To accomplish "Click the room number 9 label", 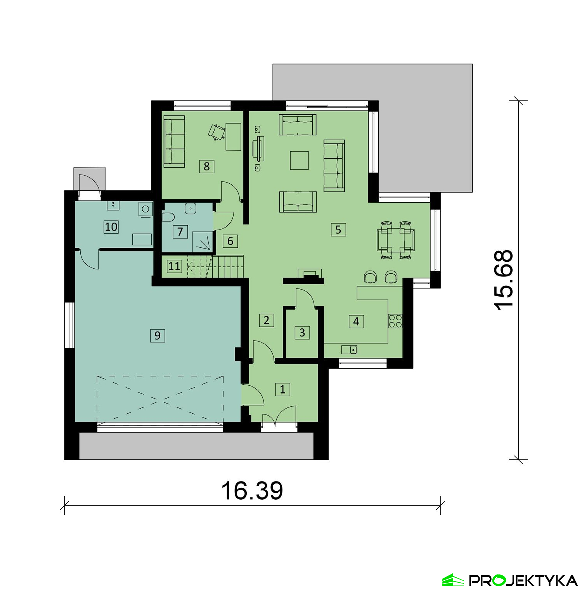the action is pyautogui.click(x=157, y=335).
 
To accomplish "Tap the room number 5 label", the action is pyautogui.click(x=338, y=230).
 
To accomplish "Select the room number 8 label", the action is pyautogui.click(x=206, y=166).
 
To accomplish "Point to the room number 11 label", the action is pyautogui.click(x=174, y=266).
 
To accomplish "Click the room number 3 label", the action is pyautogui.click(x=302, y=332).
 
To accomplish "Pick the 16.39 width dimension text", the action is pyautogui.click(x=252, y=490).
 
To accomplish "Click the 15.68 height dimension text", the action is pyautogui.click(x=504, y=280).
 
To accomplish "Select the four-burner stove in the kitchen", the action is pyautogui.click(x=395, y=321).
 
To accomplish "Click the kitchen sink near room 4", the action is pyautogui.click(x=349, y=350).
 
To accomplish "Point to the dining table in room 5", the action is pyautogui.click(x=395, y=240).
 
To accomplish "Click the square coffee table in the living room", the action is pyautogui.click(x=299, y=161).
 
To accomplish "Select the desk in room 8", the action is pyautogui.click(x=233, y=136).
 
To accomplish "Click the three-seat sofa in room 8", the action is pyautogui.click(x=174, y=142).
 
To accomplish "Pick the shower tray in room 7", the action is pyautogui.click(x=203, y=241).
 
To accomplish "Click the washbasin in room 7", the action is pyautogui.click(x=191, y=208).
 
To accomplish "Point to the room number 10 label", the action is pyautogui.click(x=111, y=227).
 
